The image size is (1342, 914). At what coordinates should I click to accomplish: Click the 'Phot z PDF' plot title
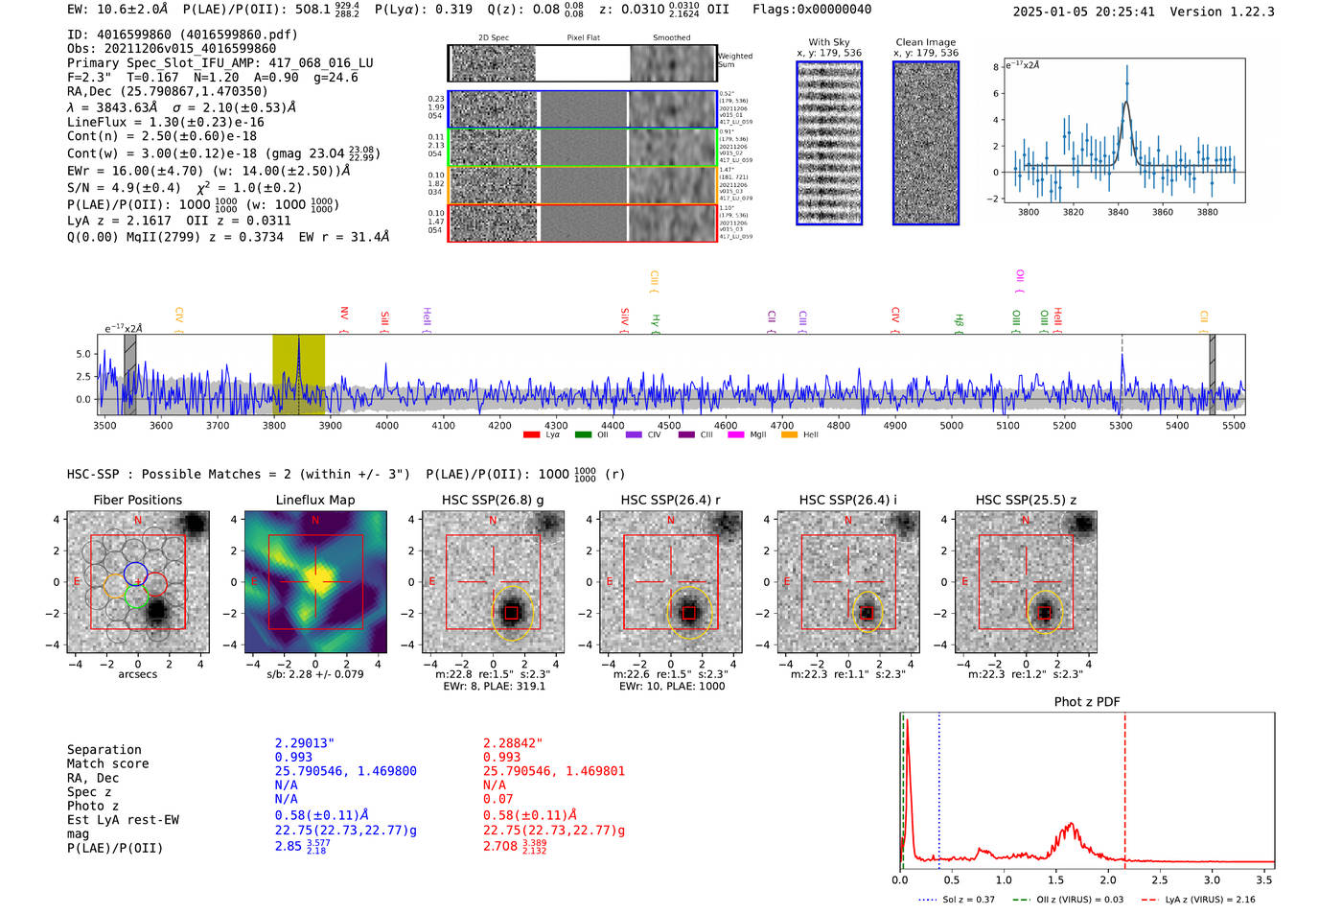click(x=1087, y=702)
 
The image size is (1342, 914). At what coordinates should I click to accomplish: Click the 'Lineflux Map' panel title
click(x=314, y=500)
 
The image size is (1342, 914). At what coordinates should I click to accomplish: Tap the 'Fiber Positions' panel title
click(x=137, y=500)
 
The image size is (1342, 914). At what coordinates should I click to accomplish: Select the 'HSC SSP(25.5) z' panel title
click(x=1026, y=500)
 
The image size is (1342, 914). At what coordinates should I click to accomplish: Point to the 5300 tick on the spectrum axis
click(x=1121, y=426)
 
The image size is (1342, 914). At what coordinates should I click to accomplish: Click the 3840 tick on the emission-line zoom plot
click(x=1118, y=212)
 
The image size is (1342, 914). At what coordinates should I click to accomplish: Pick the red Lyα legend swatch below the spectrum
click(x=531, y=435)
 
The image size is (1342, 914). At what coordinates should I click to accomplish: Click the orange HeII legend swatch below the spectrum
click(x=789, y=435)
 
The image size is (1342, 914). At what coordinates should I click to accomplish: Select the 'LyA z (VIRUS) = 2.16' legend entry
click(x=1210, y=900)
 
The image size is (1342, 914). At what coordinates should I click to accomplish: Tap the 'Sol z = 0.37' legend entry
click(x=968, y=900)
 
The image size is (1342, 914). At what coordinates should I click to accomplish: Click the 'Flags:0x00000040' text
click(x=812, y=10)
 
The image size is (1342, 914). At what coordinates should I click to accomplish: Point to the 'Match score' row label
click(x=107, y=764)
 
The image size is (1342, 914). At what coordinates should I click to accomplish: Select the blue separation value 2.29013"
click(x=305, y=743)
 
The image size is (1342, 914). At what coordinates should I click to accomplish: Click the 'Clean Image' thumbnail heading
click(x=926, y=42)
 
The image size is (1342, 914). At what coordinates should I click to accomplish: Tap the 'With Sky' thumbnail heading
click(x=829, y=42)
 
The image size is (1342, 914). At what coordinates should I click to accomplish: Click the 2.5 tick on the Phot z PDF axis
click(x=1160, y=879)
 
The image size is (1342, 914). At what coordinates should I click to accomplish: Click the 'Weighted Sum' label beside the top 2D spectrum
click(x=735, y=60)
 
